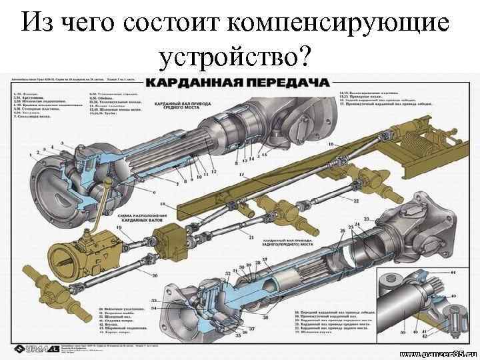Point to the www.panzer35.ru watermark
point(437,352)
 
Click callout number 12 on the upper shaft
point(214,173)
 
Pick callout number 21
point(251,237)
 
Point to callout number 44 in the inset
point(454,274)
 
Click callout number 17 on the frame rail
point(242,175)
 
